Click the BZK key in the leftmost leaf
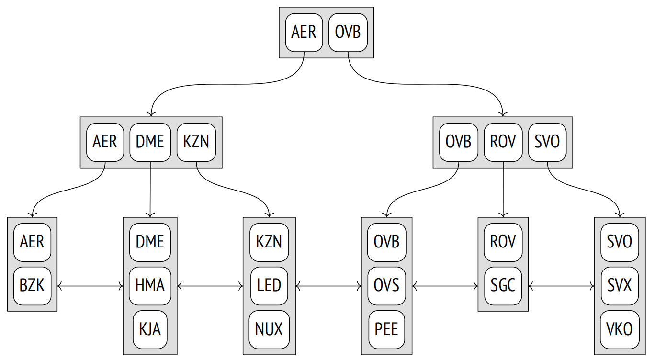coord(32,286)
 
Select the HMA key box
coord(150,286)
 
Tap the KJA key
coord(150,329)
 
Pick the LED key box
coord(269,286)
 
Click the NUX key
coord(269,329)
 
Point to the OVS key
coord(386,286)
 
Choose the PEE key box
coord(386,329)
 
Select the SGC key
coord(503,286)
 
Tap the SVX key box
coord(620,286)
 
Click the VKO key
coord(620,329)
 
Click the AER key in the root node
coord(304,33)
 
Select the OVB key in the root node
coord(348,33)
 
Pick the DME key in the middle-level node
coord(150,142)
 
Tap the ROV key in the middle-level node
coord(503,142)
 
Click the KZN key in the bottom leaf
coord(269,242)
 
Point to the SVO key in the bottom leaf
coord(620,242)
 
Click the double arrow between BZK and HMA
coord(90,286)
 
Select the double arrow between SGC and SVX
coord(562,286)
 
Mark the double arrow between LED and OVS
coord(328,286)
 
